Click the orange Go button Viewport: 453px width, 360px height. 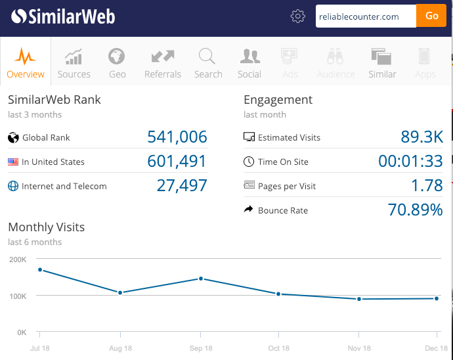[x=432, y=16]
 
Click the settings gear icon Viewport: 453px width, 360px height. [x=298, y=16]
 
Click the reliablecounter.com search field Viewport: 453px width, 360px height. [x=366, y=16]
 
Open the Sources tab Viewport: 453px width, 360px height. [x=74, y=63]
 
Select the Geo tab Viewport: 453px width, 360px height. [x=118, y=63]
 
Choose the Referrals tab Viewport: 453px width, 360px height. [x=162, y=63]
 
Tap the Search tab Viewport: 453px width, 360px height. [x=208, y=63]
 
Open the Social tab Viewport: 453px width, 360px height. [x=249, y=63]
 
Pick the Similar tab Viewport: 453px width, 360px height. [x=382, y=63]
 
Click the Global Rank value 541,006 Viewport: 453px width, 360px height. [x=177, y=137]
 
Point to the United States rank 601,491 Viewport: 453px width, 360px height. [x=177, y=162]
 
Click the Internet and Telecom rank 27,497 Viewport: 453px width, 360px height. [x=182, y=186]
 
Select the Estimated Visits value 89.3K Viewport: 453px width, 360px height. [x=421, y=137]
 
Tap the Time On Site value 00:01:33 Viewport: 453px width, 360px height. [x=410, y=162]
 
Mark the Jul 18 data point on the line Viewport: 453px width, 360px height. [x=40, y=270]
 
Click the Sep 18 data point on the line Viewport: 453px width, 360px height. [x=201, y=279]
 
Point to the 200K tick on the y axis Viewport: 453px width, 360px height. [x=18, y=259]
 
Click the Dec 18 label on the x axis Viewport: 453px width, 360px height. [x=437, y=348]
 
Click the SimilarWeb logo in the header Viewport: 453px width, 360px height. [x=63, y=16]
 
